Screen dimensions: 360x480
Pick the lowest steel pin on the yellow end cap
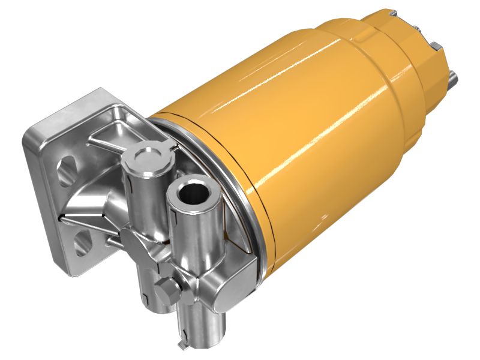coord(452,77)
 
